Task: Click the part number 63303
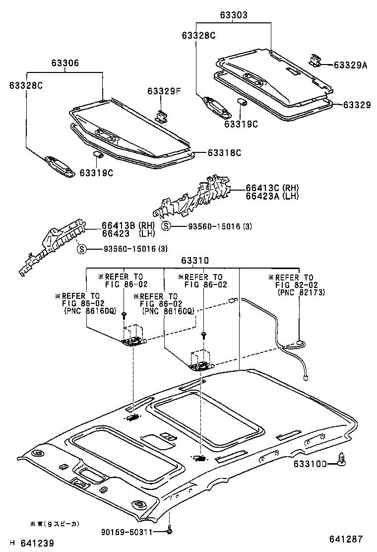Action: coord(234,15)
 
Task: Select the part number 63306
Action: coord(64,64)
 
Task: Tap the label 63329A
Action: coord(350,65)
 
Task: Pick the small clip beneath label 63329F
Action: coord(161,116)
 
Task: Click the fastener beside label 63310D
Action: coord(341,460)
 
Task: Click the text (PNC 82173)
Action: coord(297,293)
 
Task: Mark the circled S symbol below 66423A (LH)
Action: coord(167,226)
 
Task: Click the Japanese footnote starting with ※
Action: coord(55,524)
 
